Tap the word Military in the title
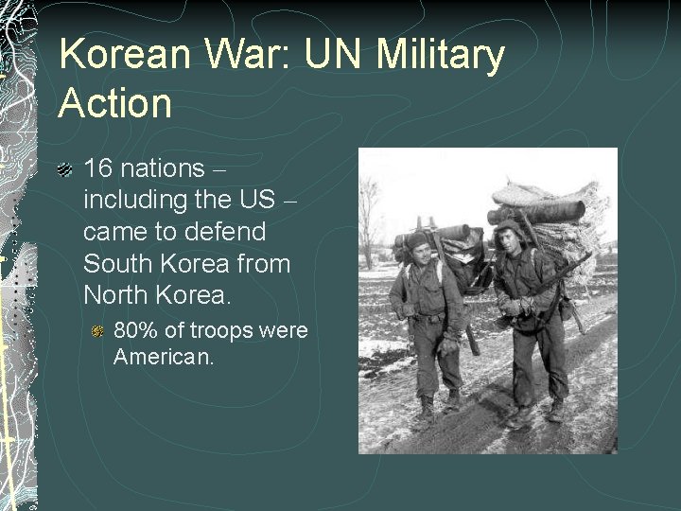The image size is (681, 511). click(441, 55)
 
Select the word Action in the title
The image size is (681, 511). click(114, 102)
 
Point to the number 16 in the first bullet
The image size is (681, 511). click(98, 169)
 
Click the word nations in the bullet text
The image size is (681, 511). click(162, 169)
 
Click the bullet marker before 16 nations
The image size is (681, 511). click(65, 170)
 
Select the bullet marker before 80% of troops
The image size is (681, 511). click(97, 331)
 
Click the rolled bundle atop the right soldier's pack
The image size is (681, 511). click(536, 211)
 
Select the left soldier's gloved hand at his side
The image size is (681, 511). click(445, 346)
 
